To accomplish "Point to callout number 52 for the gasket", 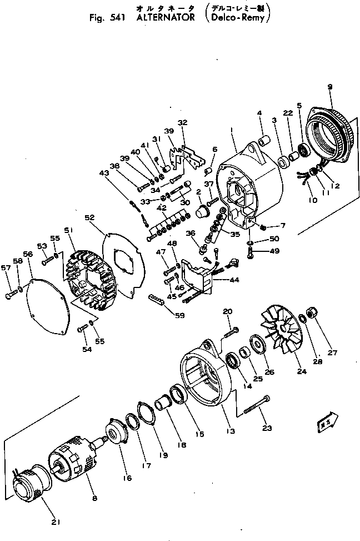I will [x=89, y=218].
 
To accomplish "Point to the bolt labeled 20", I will [x=232, y=332].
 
